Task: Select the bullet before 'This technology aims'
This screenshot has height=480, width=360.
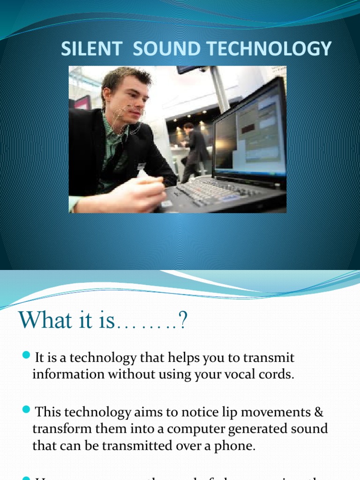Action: click(26, 412)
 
